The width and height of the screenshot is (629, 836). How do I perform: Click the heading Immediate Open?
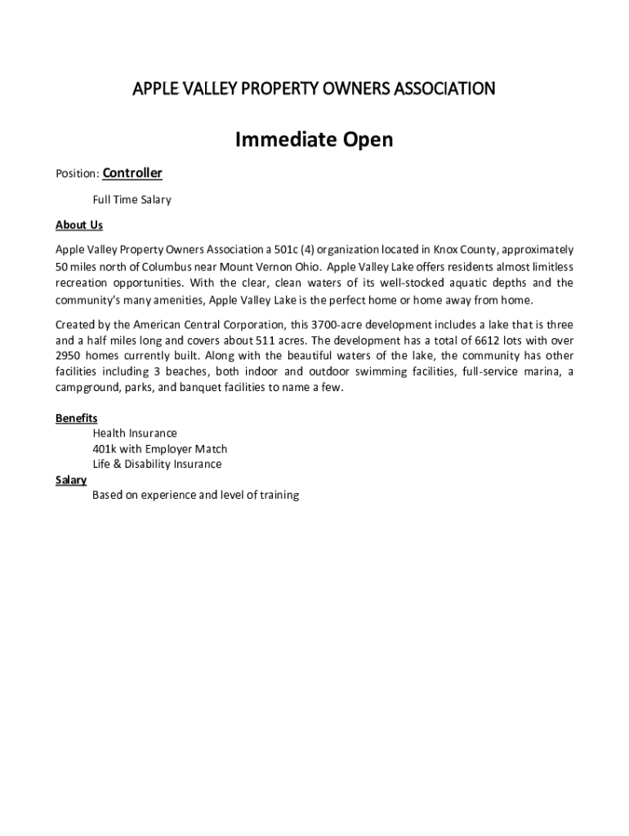(314, 140)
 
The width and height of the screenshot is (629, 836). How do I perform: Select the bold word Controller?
(132, 173)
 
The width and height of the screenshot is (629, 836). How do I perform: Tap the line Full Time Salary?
(132, 199)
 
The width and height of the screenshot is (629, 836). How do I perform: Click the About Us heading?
(79, 225)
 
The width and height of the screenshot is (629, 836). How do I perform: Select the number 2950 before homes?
(70, 356)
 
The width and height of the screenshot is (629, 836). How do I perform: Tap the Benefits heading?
(77, 418)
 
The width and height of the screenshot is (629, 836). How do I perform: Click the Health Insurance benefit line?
(135, 434)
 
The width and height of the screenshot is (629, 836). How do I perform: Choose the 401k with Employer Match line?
(160, 449)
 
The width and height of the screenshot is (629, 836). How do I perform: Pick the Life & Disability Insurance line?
(157, 464)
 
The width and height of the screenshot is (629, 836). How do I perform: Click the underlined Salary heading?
(71, 480)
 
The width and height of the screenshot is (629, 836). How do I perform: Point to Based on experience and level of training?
(196, 495)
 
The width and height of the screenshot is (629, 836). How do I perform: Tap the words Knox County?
(463, 249)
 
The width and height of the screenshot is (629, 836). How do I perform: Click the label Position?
(77, 174)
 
